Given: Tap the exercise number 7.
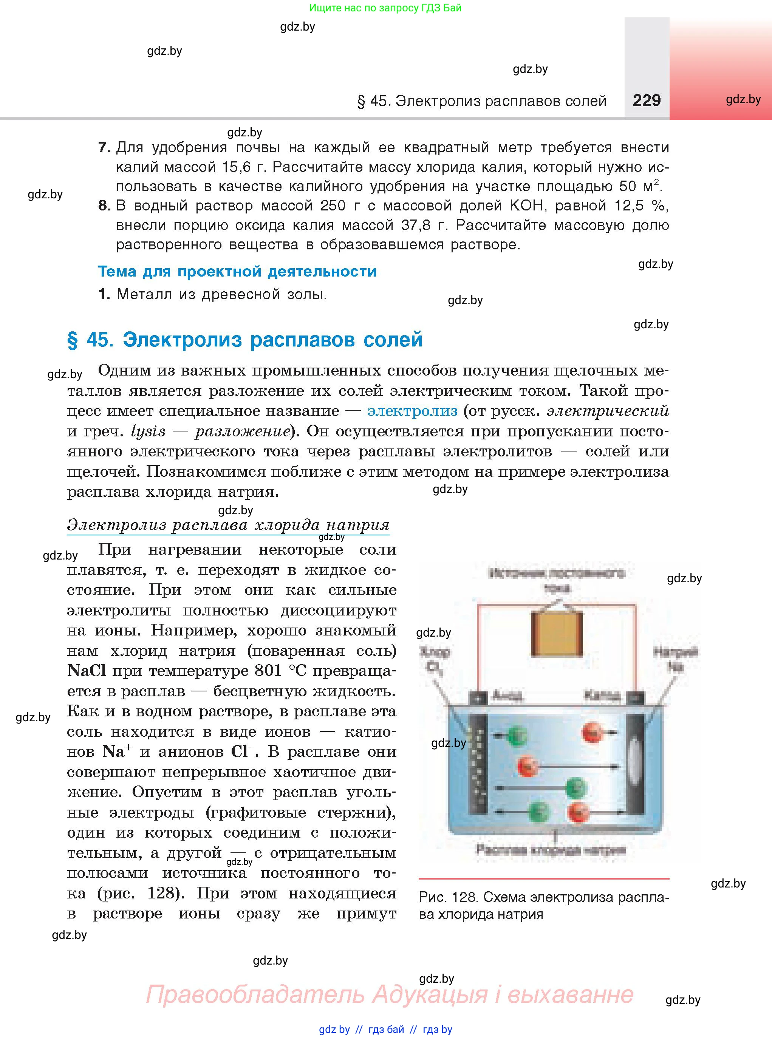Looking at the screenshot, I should tap(104, 148).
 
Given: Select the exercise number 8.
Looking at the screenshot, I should tap(104, 206).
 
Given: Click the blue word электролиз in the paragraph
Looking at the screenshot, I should tap(412, 411).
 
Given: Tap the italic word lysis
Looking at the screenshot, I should tap(148, 431).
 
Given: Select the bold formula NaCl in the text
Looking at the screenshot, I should tap(87, 671).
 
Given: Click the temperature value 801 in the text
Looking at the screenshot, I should tap(268, 671).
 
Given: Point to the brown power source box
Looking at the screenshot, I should tap(557, 634).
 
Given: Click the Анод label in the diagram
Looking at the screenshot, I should tap(507, 696).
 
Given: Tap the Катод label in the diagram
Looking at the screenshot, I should tap(602, 696).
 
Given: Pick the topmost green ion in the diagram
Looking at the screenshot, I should tap(517, 735).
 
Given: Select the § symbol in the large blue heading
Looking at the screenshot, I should tap(73, 340).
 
